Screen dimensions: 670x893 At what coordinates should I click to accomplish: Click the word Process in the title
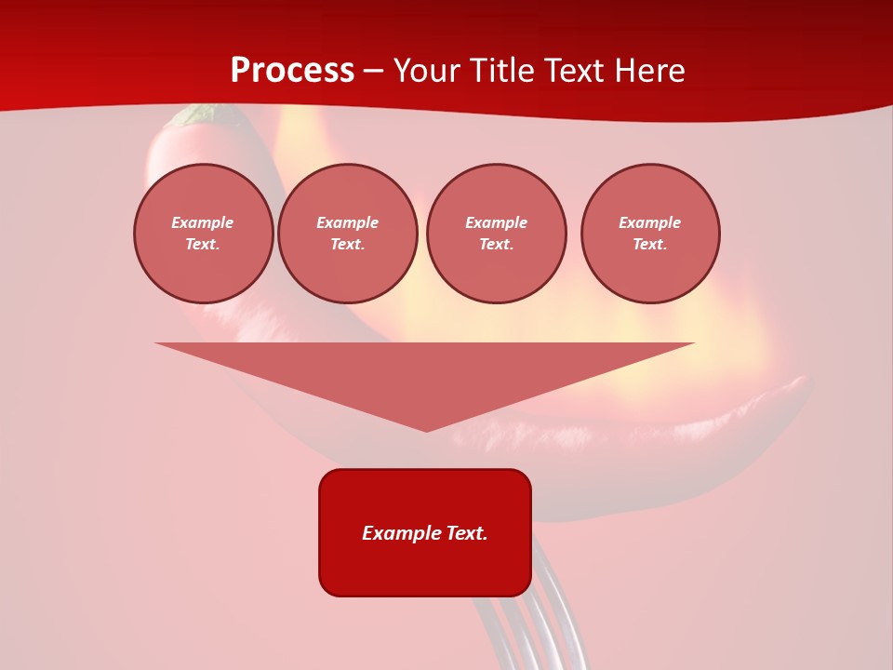pos(292,71)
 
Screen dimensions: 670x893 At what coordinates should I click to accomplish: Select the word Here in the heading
pos(647,71)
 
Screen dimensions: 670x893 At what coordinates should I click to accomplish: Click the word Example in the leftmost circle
pos(203,222)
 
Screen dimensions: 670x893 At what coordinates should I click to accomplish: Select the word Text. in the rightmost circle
pos(650,244)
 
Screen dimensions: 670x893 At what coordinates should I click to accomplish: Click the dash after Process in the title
pos(374,72)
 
